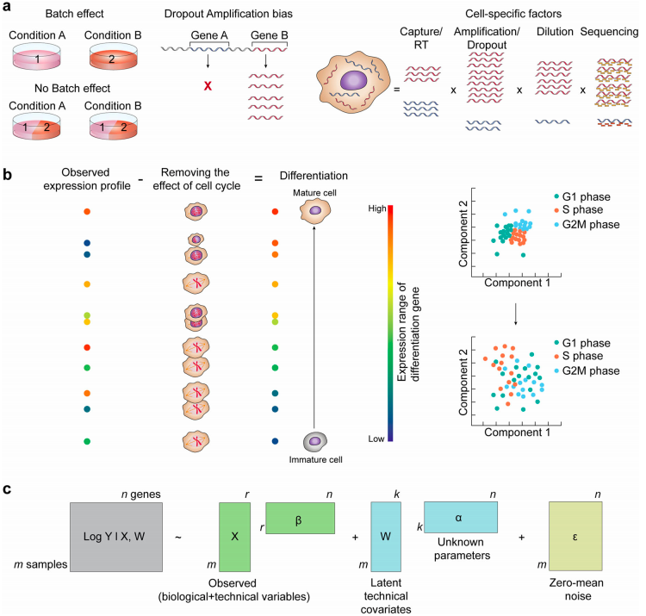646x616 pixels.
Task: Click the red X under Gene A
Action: (x=207, y=86)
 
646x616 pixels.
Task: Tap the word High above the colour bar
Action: (x=376, y=208)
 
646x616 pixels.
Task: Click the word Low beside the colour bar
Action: (x=376, y=438)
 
